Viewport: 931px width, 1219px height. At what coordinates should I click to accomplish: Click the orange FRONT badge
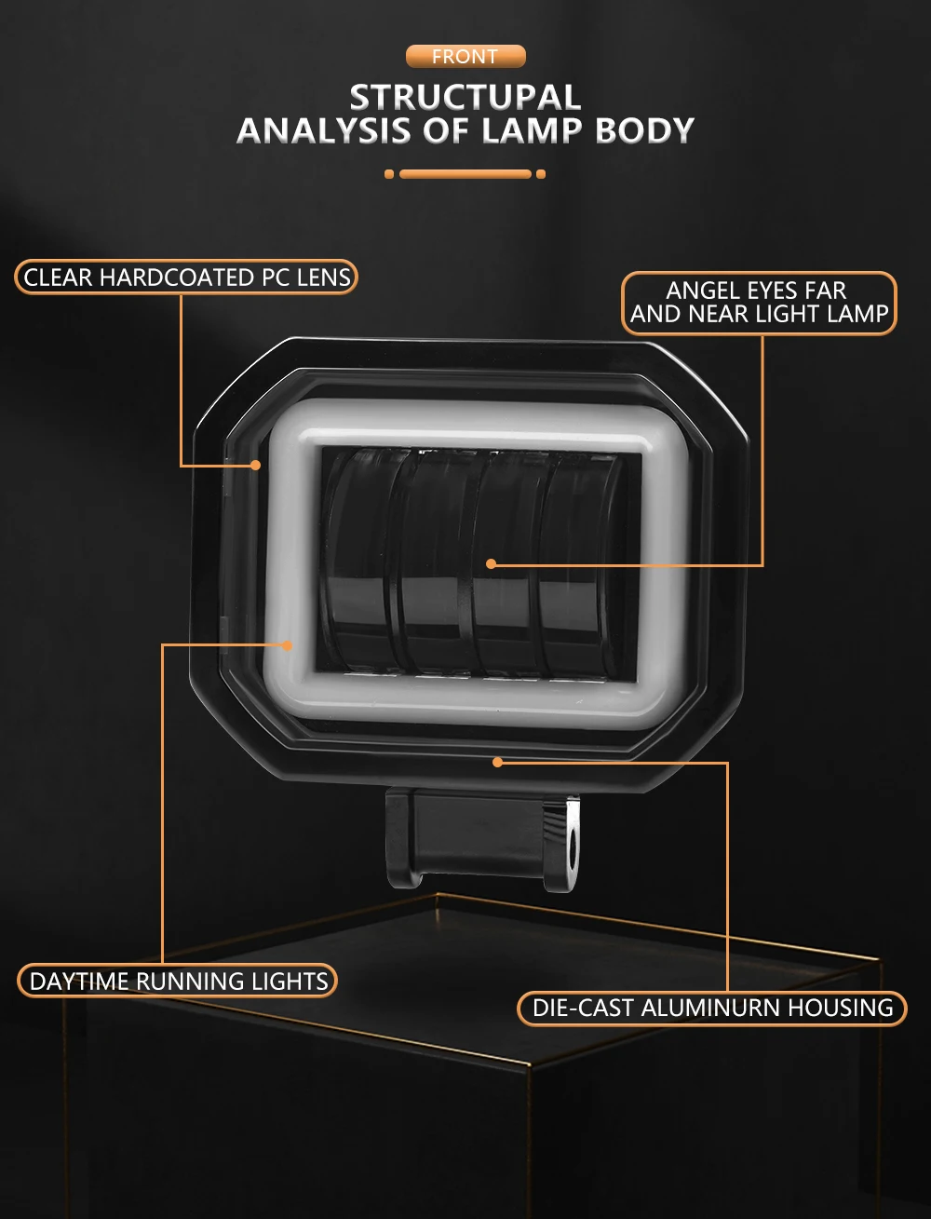[465, 57]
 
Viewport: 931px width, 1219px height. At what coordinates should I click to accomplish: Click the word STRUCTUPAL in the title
[465, 98]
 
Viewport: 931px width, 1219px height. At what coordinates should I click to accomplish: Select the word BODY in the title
[644, 130]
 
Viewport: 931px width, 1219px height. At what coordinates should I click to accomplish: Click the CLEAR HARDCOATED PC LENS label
[186, 277]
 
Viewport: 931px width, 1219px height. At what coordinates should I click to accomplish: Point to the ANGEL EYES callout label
[759, 303]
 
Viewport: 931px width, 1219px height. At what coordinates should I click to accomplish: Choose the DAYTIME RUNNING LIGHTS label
[178, 981]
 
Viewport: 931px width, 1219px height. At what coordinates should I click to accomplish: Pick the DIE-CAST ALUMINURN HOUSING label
[712, 1008]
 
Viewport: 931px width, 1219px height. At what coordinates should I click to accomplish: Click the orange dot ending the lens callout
[255, 465]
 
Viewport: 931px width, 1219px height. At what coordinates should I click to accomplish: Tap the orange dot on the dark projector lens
[491, 563]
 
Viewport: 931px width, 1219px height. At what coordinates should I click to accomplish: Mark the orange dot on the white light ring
[288, 644]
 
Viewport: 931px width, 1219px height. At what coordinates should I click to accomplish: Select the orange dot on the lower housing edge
[497, 762]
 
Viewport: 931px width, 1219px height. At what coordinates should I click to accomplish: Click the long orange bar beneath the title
[465, 174]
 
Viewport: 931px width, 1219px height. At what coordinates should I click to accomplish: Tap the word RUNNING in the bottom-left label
[190, 981]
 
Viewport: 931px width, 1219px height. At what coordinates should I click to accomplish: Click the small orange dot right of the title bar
[541, 174]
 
